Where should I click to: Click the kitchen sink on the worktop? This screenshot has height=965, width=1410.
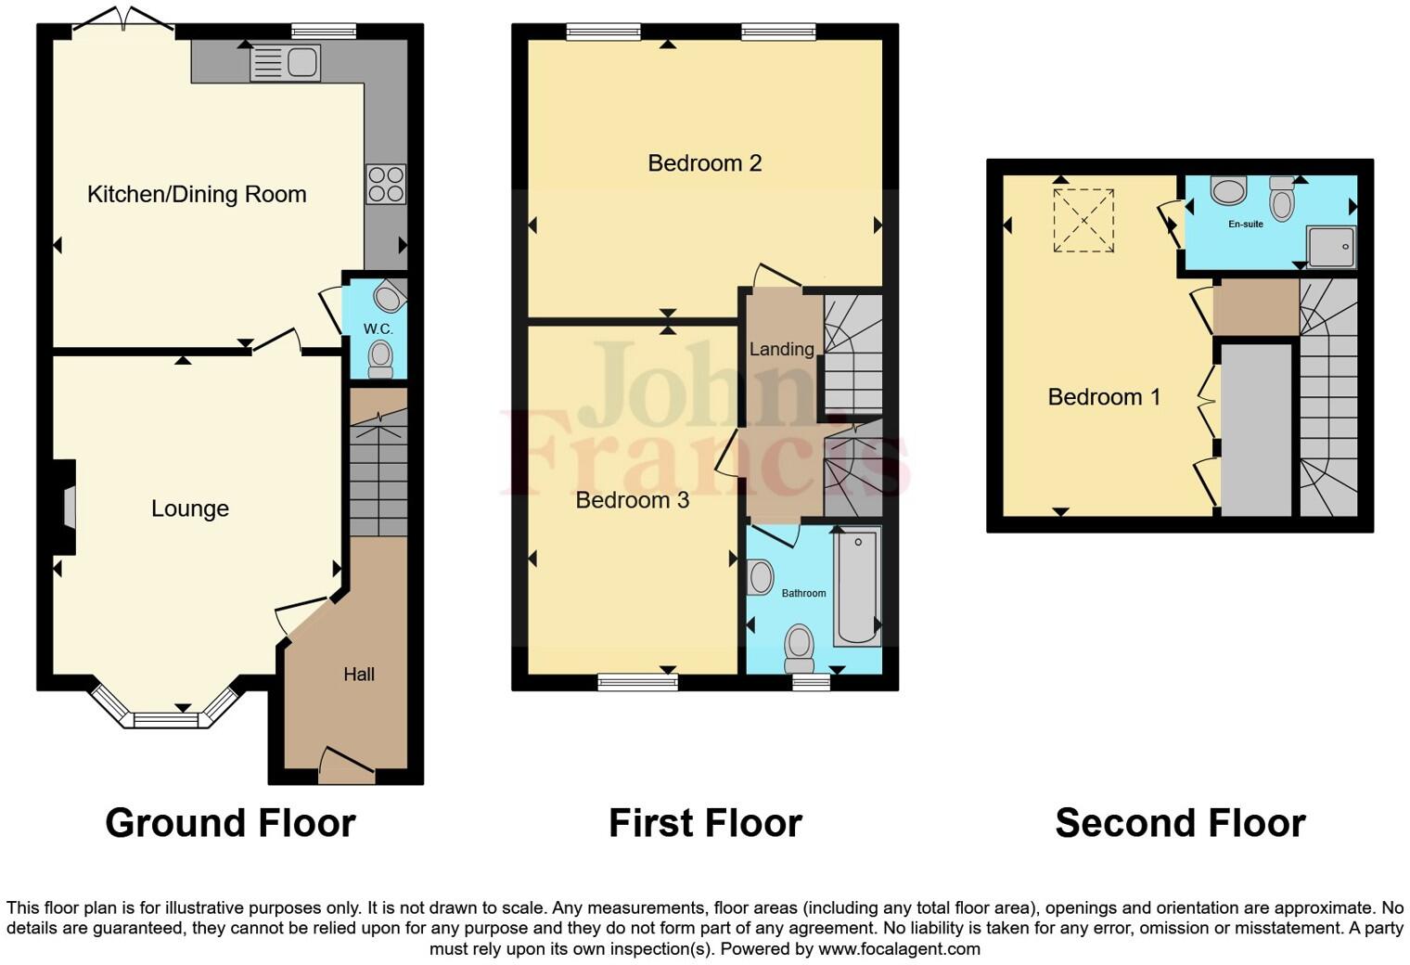[x=286, y=63]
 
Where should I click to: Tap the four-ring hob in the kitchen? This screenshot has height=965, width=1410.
[x=386, y=184]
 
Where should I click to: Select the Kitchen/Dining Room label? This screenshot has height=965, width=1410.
[x=197, y=195]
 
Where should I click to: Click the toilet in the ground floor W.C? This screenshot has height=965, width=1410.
[x=379, y=359]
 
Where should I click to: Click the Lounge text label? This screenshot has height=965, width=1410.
[x=190, y=508]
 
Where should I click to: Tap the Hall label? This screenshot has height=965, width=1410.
[x=359, y=675]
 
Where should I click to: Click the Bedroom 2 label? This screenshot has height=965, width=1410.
[x=704, y=163]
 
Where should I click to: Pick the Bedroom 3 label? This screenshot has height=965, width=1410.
[x=632, y=501]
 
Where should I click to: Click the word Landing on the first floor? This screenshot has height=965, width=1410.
[x=781, y=349]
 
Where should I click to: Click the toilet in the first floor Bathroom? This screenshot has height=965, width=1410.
[x=799, y=647]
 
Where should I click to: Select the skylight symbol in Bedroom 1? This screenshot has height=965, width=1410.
[x=1083, y=221]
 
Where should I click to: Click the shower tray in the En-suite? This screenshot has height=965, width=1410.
[x=1331, y=247]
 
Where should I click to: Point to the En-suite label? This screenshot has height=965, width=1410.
[x=1245, y=224]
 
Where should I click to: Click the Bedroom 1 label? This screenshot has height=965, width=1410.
[x=1103, y=397]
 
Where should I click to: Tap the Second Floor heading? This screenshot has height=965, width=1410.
[x=1180, y=823]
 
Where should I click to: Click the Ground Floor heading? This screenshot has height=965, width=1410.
[x=230, y=823]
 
